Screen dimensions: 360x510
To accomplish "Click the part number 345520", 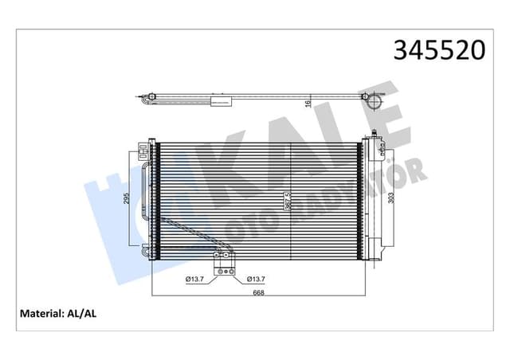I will click(x=439, y=50).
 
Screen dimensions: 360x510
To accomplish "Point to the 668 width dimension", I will click(x=259, y=292).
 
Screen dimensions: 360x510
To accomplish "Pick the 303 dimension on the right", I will click(x=390, y=199).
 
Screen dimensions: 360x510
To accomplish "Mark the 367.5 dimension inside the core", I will click(x=288, y=199).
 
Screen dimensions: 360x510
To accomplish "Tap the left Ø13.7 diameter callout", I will click(x=196, y=279).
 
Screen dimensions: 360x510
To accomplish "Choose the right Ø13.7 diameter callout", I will click(x=256, y=279).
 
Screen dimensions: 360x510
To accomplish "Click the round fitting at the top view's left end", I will click(x=148, y=99).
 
